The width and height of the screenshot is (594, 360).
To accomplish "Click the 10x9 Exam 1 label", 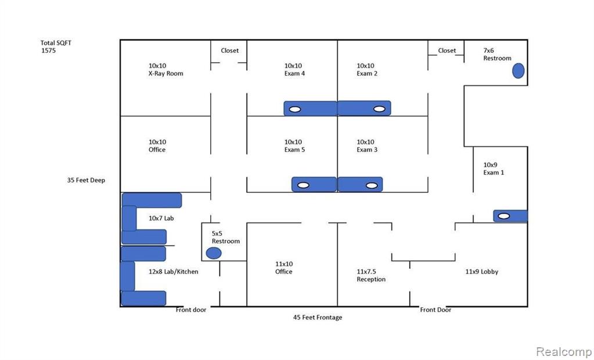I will (x=494, y=168).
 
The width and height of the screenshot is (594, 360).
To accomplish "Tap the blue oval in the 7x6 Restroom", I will (x=518, y=71).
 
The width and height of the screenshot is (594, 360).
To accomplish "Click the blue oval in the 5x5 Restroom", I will (x=214, y=253).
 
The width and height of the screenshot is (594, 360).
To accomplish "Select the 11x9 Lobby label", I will (x=481, y=271).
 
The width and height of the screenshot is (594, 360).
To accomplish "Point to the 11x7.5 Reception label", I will (x=371, y=275).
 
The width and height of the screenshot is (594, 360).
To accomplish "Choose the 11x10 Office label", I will (x=284, y=268).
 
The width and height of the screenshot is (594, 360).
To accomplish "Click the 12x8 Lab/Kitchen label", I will (x=173, y=271).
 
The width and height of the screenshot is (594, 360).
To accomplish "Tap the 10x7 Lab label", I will (x=161, y=218).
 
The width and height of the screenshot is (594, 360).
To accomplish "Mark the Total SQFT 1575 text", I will (x=56, y=46).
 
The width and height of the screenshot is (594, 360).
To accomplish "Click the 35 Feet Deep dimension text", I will (x=86, y=180).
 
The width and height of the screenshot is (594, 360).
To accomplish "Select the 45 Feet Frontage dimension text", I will (x=317, y=317).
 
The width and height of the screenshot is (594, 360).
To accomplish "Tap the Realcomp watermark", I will (x=563, y=352).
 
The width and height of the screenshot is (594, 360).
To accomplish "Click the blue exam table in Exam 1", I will (x=510, y=216).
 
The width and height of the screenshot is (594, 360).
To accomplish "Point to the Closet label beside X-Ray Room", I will (x=229, y=51).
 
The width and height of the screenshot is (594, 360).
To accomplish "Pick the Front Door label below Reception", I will (x=435, y=309).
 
